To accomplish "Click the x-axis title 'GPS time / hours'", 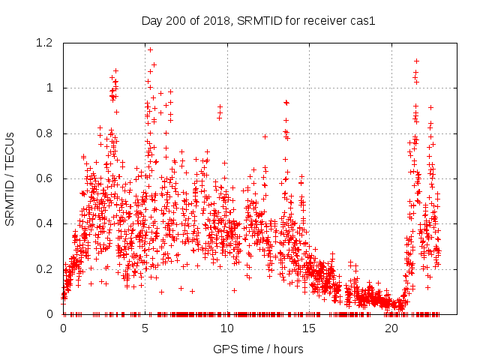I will [x=258, y=349].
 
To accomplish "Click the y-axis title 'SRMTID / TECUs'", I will [x=10, y=178].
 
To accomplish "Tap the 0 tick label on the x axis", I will [x=63, y=328].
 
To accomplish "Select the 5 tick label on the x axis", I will [x=145, y=328].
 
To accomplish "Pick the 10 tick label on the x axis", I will [x=227, y=328].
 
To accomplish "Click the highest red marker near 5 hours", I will [x=150, y=49].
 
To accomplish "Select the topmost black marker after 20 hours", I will [x=416, y=61].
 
